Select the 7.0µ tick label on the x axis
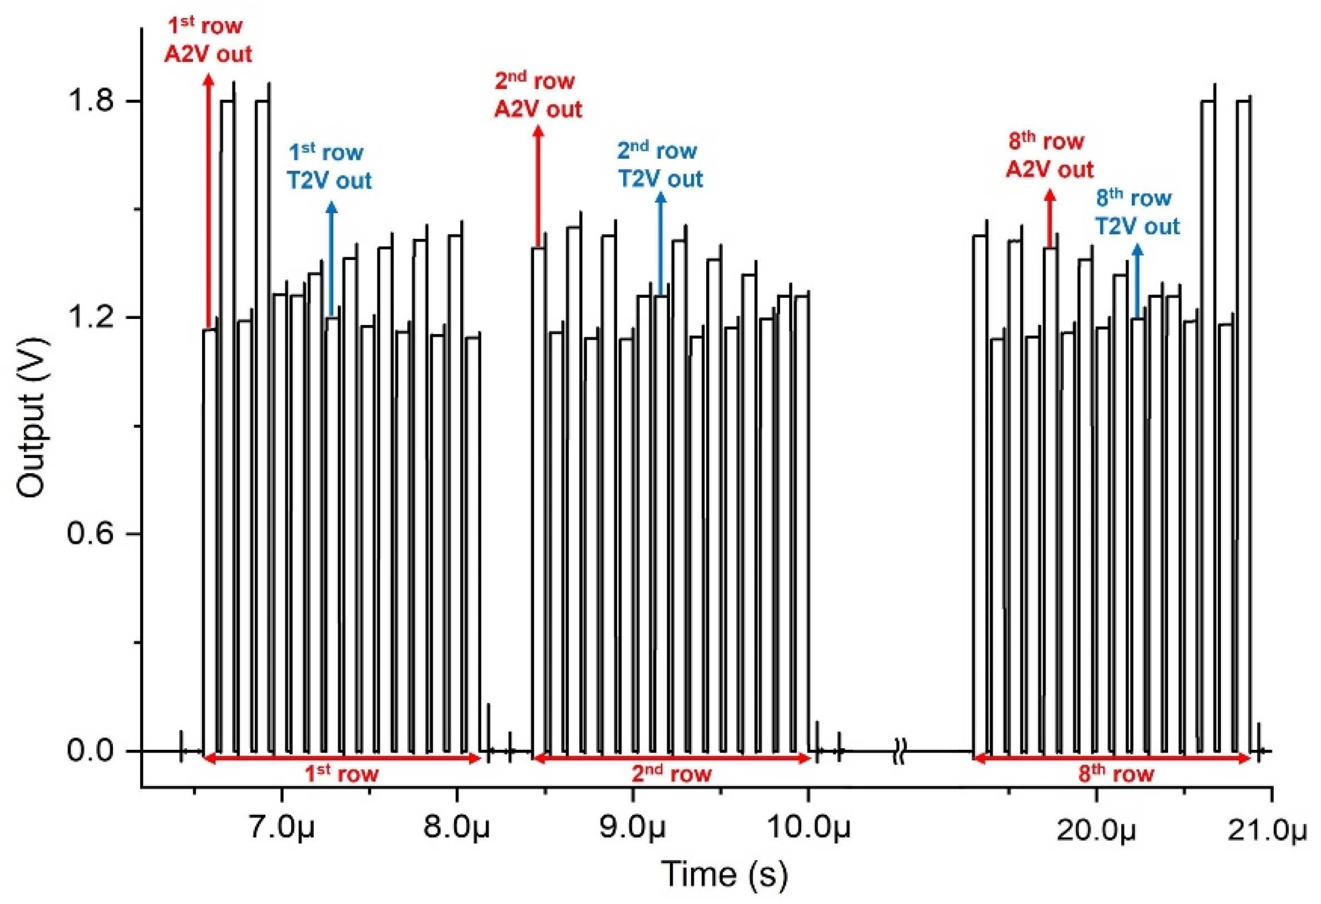(x=282, y=829)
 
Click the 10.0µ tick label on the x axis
(x=809, y=829)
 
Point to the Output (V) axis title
(x=31, y=417)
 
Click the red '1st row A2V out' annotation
(x=208, y=40)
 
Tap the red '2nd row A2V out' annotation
(x=537, y=95)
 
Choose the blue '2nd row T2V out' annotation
(x=660, y=165)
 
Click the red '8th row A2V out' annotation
(x=1049, y=155)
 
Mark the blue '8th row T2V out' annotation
(x=1137, y=212)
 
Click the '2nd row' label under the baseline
(x=671, y=773)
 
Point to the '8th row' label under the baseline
(x=1116, y=773)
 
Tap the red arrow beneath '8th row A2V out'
(x=1050, y=218)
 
